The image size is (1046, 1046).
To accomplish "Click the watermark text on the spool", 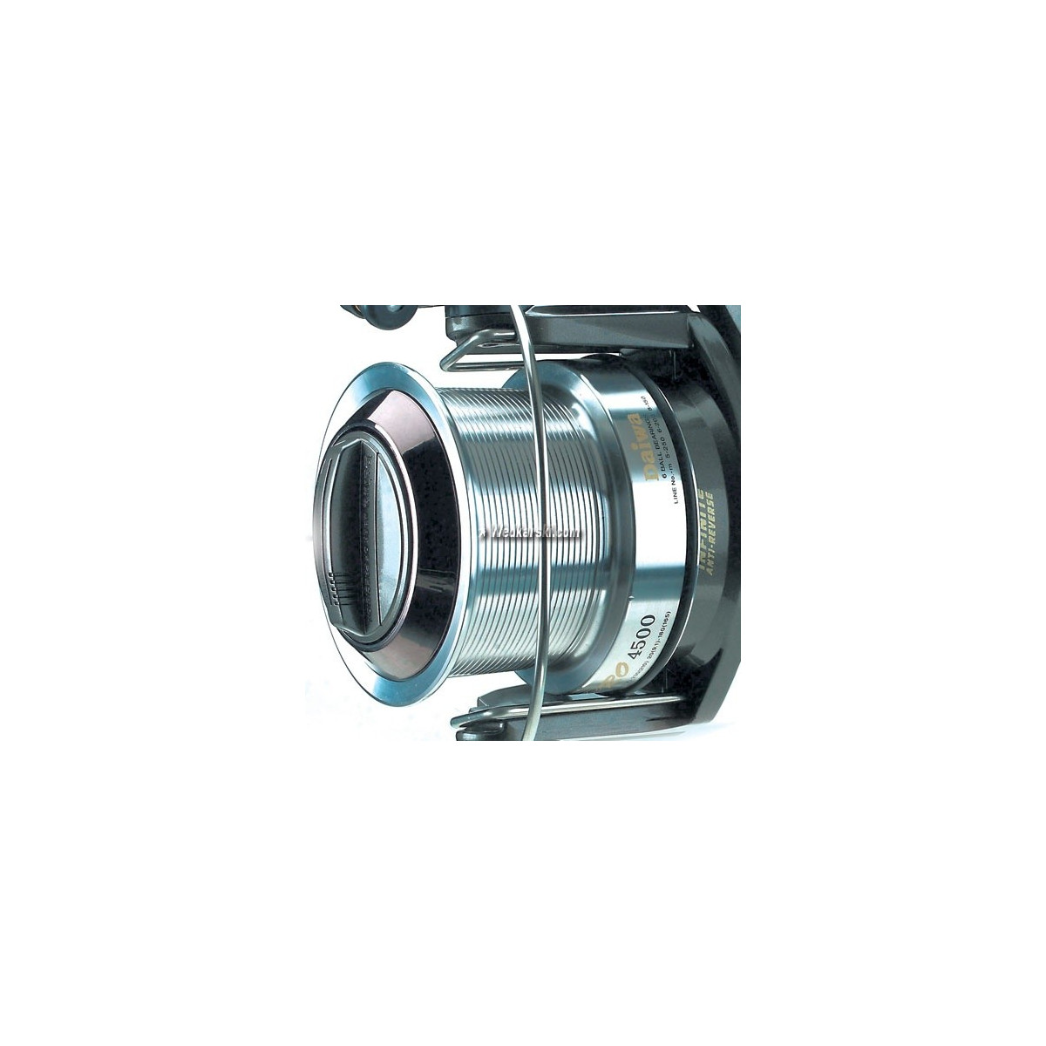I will coord(535,532).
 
